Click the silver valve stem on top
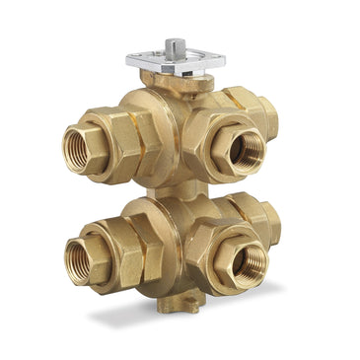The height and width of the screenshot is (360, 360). click(176, 45)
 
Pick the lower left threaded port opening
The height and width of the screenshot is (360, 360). click(77, 258)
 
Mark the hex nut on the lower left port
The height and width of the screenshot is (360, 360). click(123, 255)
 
